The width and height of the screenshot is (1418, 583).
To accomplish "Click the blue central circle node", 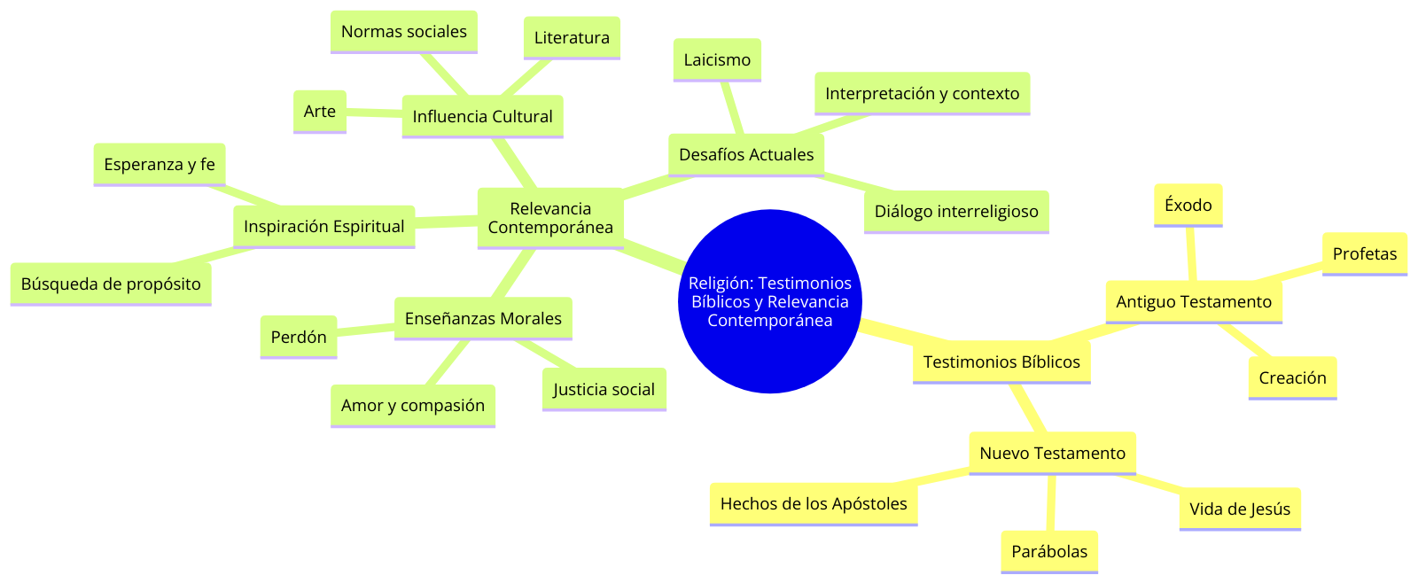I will (769, 301).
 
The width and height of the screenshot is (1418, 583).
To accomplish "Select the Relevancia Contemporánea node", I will (550, 218).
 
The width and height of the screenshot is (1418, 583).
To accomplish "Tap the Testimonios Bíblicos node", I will (1001, 361).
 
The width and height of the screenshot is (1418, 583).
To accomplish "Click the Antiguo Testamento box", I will (1193, 301).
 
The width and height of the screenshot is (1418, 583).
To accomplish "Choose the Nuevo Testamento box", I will (1052, 453).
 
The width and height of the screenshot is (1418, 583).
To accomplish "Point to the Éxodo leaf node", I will (1188, 205).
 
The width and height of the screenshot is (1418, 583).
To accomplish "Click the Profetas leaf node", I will (1364, 253).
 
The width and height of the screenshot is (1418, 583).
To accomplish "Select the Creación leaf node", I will (1292, 377).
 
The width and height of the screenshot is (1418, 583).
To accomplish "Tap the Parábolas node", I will (1049, 551).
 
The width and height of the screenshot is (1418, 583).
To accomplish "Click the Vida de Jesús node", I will (1239, 509).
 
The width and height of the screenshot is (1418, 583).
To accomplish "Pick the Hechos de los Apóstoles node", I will (814, 503).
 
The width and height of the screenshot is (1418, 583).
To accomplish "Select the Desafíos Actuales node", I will (746, 154).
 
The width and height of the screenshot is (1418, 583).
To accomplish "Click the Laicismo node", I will (717, 59).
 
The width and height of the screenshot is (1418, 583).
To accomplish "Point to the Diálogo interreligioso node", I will (956, 211).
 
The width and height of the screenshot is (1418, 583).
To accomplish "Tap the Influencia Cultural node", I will (482, 116).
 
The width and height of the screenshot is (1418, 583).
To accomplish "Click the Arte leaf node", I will (319, 111).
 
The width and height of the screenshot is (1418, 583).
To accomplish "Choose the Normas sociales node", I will (403, 31).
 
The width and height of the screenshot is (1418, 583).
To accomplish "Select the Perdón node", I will (299, 337).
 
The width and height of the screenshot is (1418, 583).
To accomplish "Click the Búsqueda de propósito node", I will (111, 284).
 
